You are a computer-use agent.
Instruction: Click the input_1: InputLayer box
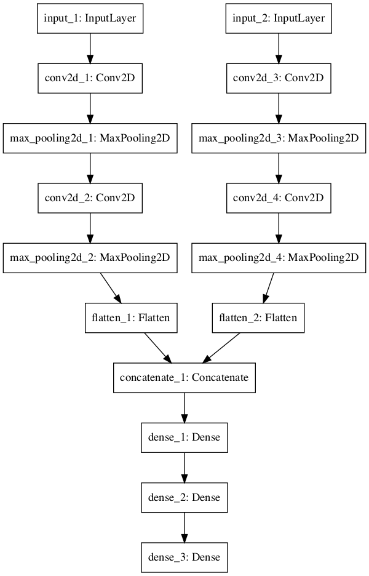coord(90,20)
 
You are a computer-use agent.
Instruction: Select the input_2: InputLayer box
coord(279,20)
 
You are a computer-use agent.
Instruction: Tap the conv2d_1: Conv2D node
coord(90,79)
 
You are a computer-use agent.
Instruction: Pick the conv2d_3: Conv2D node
coord(279,79)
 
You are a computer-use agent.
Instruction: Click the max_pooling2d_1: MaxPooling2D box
coord(90,138)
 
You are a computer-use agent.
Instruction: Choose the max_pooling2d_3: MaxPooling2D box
coord(279,138)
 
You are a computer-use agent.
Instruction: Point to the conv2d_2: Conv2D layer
coord(90,198)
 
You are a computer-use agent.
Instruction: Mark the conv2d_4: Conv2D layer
coord(279,198)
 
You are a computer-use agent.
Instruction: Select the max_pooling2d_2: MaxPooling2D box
coord(90,258)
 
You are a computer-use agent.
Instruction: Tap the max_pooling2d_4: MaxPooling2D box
coord(279,258)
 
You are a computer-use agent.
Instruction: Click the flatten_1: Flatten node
coord(127,318)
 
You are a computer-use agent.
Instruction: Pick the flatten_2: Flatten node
coord(258,318)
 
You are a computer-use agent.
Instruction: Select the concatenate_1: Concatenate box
coord(184,377)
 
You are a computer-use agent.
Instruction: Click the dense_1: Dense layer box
coord(184,437)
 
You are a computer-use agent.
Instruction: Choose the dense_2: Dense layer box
coord(184,497)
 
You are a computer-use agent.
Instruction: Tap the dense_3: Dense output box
coord(184,556)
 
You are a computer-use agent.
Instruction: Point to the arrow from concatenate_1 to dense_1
coord(184,407)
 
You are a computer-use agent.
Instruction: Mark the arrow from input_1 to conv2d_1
coord(90,49)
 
